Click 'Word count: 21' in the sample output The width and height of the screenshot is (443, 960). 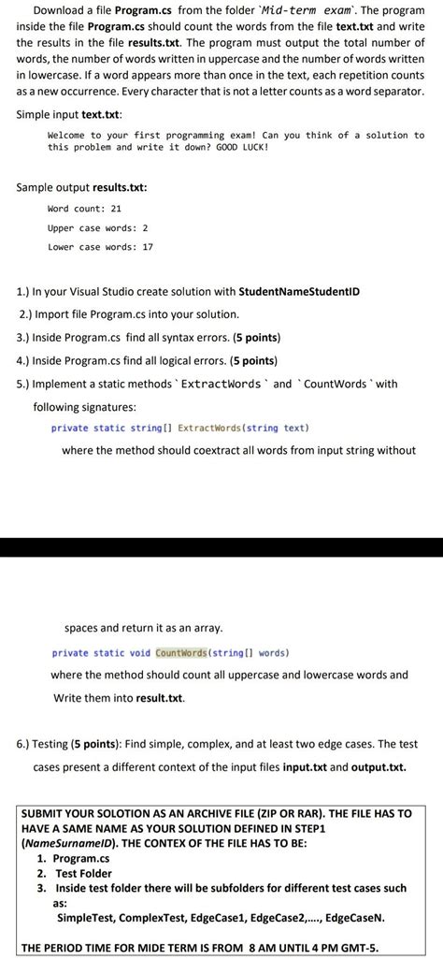[x=84, y=209]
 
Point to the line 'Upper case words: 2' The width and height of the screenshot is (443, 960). [x=97, y=227]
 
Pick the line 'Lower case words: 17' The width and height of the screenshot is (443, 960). [x=100, y=247]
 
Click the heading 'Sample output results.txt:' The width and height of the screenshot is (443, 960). [x=81, y=187]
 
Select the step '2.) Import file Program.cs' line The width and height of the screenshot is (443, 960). [x=129, y=313]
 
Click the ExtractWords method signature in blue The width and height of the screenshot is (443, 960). [x=179, y=429]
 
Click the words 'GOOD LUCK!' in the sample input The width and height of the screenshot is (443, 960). [x=241, y=148]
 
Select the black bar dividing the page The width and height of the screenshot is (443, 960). [x=221, y=546]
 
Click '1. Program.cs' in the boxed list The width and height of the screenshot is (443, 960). [x=73, y=858]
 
